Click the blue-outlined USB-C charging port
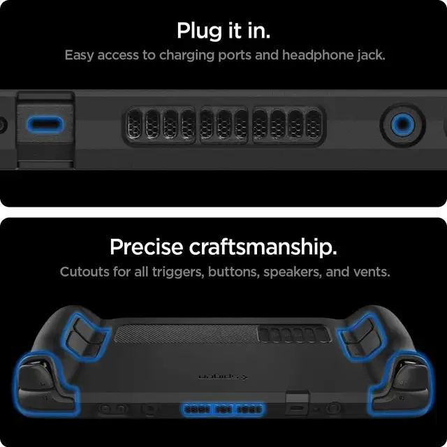(45, 125)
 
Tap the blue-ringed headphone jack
(402, 125)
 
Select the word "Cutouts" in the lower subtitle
(84, 271)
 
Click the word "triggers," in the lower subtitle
(178, 271)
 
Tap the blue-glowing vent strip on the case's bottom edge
(223, 409)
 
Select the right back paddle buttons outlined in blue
(360, 337)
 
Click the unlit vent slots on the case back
(293, 335)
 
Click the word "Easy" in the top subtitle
(79, 55)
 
